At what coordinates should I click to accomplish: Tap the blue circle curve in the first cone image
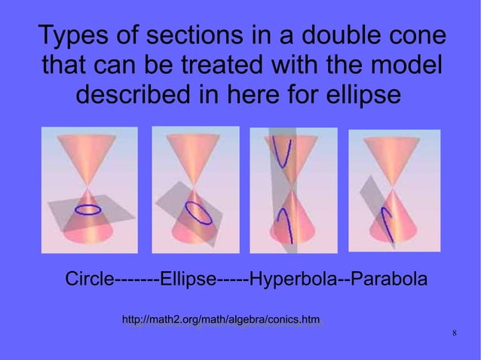click(x=89, y=209)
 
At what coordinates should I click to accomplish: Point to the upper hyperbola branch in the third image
click(x=285, y=154)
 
